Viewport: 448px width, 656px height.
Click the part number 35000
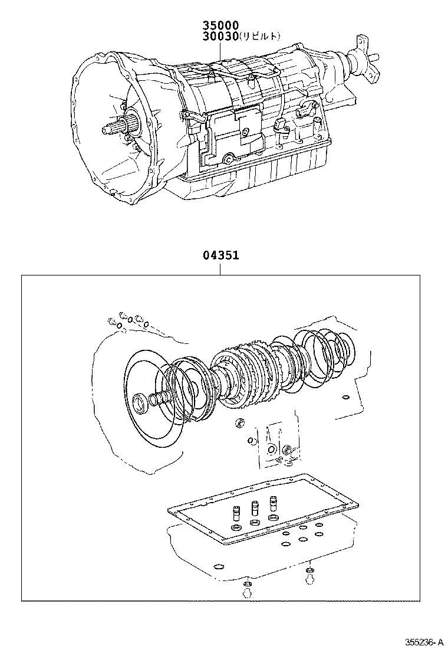click(221, 25)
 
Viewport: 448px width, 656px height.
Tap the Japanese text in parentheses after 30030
click(259, 37)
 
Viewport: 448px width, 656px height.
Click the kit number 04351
click(220, 257)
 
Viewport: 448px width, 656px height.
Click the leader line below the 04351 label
click(220, 269)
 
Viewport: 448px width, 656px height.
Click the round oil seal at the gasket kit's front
click(142, 403)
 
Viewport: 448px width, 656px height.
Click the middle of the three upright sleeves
click(255, 508)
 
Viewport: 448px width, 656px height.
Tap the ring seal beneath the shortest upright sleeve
click(237, 527)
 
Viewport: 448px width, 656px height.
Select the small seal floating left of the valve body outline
click(239, 422)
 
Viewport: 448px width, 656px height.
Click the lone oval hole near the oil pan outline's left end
click(219, 568)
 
